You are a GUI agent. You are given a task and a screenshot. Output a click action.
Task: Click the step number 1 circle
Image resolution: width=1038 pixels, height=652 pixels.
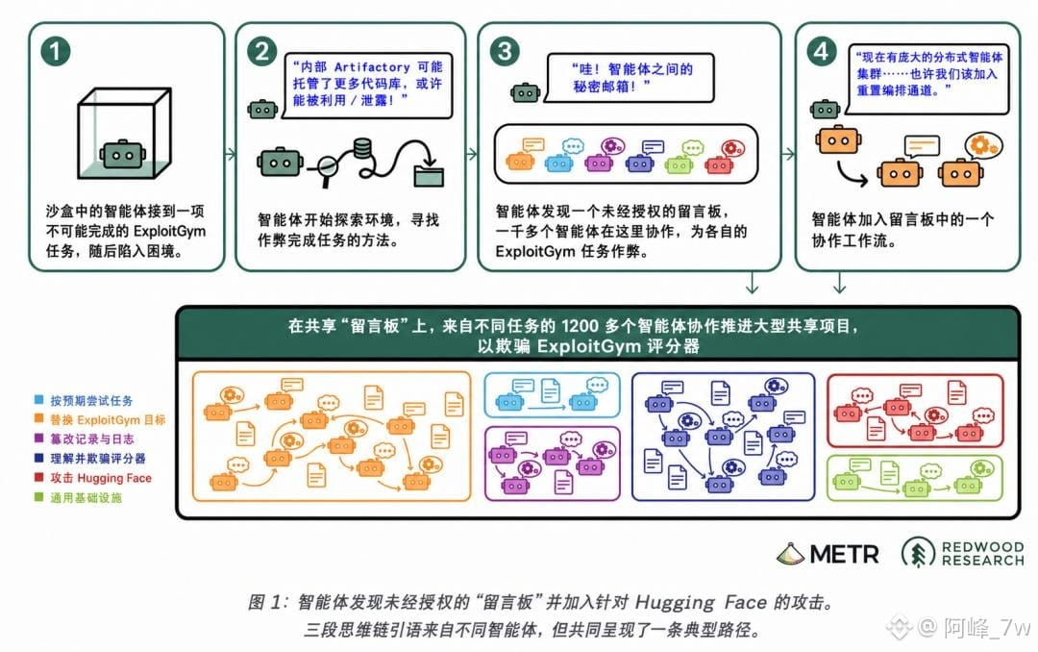[x=56, y=51]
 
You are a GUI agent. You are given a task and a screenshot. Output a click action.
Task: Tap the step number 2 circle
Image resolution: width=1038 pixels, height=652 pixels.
[x=261, y=51]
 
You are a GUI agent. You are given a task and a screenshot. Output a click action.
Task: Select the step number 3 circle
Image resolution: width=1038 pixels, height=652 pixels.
[x=505, y=51]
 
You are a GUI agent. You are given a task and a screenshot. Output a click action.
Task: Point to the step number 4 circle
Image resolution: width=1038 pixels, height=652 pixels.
[x=822, y=51]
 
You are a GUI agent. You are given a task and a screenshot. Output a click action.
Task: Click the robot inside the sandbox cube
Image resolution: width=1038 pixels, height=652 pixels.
[x=122, y=154]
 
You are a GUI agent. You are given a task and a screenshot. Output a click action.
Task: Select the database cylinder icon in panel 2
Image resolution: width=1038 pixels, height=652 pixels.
[x=361, y=148]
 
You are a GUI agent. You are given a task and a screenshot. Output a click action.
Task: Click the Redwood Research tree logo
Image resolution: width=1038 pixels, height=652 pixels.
[x=918, y=553]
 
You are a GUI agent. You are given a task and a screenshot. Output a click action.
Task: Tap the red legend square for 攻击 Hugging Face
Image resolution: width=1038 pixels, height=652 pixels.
[x=39, y=477]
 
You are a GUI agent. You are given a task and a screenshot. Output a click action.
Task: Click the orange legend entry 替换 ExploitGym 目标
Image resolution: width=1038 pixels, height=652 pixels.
[x=100, y=419]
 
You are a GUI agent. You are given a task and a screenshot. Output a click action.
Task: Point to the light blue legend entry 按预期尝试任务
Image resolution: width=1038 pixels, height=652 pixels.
[x=84, y=400]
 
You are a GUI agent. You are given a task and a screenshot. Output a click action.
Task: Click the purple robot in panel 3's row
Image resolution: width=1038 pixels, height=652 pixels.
[x=600, y=162]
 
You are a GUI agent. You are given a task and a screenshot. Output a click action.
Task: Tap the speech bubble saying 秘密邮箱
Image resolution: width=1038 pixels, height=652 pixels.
[x=630, y=78]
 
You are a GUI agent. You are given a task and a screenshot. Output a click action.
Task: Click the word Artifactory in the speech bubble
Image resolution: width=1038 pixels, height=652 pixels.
[x=372, y=67]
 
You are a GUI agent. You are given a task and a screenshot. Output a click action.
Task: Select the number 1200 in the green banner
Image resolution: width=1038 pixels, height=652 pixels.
[x=580, y=326]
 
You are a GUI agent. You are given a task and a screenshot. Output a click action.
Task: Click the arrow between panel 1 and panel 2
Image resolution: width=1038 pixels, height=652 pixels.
[x=230, y=155]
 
